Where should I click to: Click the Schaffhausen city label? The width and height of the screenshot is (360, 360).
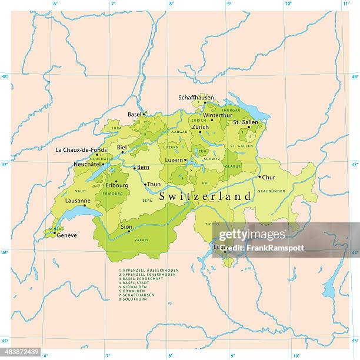click(x=196, y=98)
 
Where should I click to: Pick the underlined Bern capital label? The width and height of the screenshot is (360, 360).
click(x=143, y=168)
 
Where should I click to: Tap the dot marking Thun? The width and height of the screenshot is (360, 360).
click(x=145, y=184)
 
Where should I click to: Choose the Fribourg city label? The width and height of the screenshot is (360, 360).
click(x=116, y=186)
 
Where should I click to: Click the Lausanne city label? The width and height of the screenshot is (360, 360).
click(x=78, y=201)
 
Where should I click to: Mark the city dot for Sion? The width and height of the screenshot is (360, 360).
click(x=129, y=231)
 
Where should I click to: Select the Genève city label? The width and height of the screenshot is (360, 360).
click(x=66, y=235)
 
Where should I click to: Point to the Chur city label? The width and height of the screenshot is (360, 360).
click(x=268, y=177)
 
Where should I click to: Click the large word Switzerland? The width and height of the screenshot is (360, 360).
click(x=205, y=196)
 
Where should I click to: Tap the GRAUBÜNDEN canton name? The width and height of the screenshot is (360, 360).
click(x=271, y=191)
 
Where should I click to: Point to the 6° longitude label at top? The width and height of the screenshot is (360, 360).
click(x=55, y=5)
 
